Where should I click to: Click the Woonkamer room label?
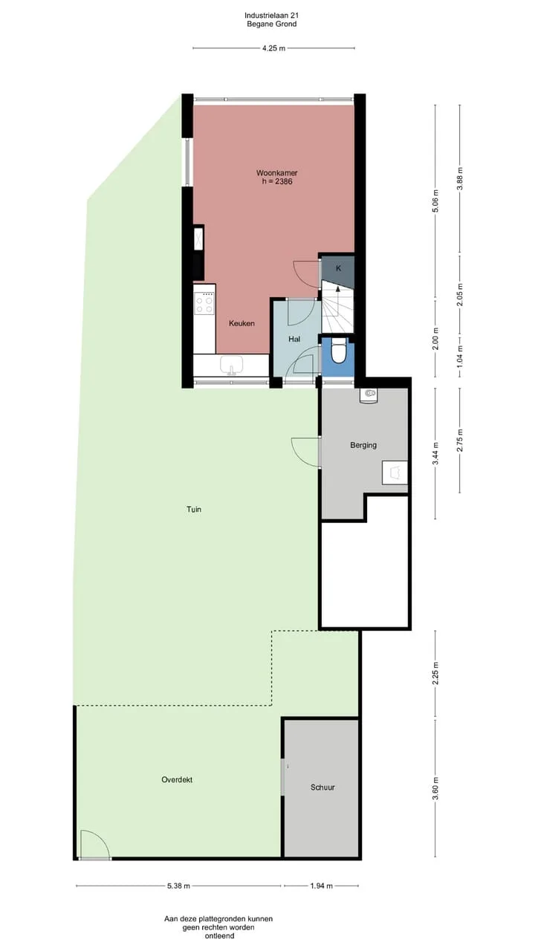(x=277, y=173)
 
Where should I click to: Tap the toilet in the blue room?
(x=338, y=351)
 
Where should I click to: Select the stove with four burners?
(x=204, y=303)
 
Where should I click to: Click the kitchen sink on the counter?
(x=231, y=365)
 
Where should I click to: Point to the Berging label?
(x=363, y=445)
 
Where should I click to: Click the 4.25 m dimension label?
(x=274, y=48)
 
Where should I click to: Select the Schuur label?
(x=322, y=787)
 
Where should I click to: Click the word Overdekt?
(x=177, y=779)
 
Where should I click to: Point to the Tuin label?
(x=194, y=509)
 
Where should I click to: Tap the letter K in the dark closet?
(x=338, y=268)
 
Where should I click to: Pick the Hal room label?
(x=294, y=339)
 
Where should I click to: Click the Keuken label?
(x=242, y=323)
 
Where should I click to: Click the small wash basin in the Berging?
(x=369, y=395)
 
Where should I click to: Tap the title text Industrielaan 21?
(x=272, y=16)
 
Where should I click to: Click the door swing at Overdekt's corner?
(x=95, y=845)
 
